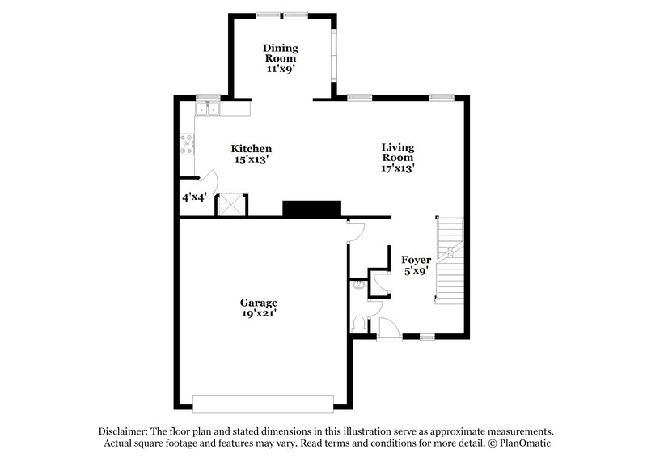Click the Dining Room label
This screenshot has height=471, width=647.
click(280, 53)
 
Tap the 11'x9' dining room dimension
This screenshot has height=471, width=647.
click(280, 70)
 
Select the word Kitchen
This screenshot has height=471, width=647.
click(252, 149)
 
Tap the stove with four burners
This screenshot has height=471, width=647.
click(187, 145)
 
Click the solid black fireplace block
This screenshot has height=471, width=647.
click(312, 209)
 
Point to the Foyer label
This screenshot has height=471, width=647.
click(416, 260)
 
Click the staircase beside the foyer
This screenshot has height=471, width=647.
click(449, 261)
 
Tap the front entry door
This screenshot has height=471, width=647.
click(387, 328)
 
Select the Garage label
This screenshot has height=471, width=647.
click(258, 303)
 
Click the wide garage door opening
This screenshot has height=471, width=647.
click(263, 403)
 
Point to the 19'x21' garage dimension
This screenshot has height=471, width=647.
click(258, 313)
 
